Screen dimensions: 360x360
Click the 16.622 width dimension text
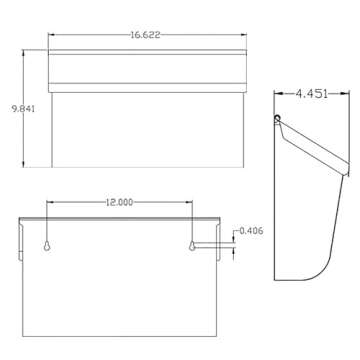tap(146, 36)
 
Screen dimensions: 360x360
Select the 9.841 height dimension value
tap(22, 110)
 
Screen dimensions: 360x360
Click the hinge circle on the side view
tap(279, 118)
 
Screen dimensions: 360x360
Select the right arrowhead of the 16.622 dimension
tap(243, 36)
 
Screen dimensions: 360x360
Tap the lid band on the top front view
tap(147, 70)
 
